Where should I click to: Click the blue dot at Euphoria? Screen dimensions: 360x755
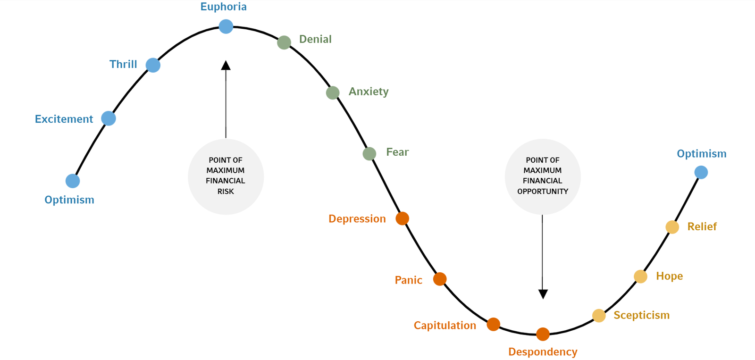(226, 26)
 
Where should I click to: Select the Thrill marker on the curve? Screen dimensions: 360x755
(153, 65)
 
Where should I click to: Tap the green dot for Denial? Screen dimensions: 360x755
(284, 42)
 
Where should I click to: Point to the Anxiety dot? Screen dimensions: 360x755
(333, 92)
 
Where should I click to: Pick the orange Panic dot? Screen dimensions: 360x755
(440, 279)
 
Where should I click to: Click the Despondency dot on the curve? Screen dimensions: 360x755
(543, 334)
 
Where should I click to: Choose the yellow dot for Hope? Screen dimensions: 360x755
(640, 276)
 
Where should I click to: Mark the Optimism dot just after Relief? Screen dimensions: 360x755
(701, 172)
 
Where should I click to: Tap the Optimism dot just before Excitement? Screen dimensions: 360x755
(73, 181)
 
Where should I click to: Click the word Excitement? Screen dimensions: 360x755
(64, 119)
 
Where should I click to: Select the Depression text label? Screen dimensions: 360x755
(357, 219)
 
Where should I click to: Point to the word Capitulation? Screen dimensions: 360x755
(445, 326)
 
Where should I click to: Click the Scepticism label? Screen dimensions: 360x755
(641, 315)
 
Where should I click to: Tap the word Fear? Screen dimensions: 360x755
(397, 152)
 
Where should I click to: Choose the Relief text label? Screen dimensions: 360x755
(702, 227)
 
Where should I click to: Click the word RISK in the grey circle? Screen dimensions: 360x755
(226, 192)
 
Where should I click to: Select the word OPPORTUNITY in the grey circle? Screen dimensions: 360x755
(543, 192)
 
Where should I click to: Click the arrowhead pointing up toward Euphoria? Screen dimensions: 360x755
(226, 66)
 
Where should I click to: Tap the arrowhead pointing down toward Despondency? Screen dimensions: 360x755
(543, 294)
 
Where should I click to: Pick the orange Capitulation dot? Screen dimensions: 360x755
(494, 324)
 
